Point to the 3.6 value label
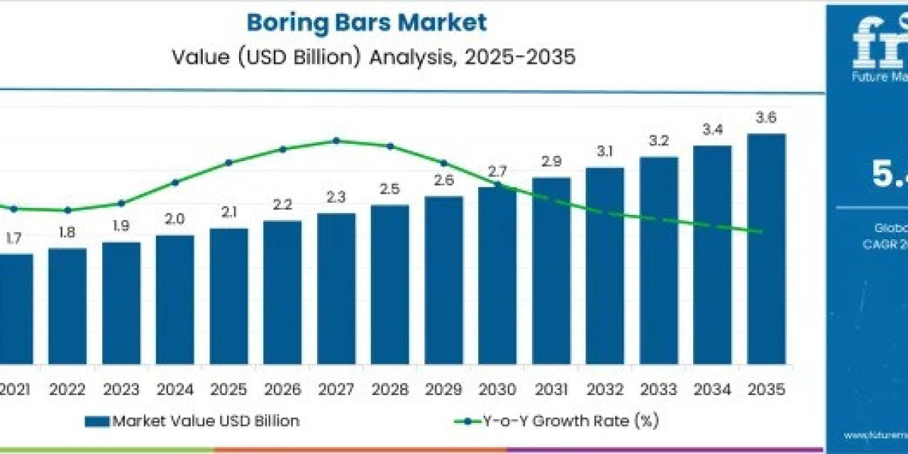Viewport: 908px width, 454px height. tap(766, 119)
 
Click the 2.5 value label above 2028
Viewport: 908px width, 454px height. tap(390, 189)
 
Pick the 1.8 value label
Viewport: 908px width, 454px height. tap(67, 232)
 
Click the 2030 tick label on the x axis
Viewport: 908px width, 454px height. tap(497, 390)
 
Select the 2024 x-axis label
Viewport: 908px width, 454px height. tap(175, 390)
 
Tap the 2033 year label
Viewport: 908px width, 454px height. tap(658, 390)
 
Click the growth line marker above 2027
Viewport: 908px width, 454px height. tap(336, 140)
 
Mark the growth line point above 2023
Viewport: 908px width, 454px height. tap(121, 203)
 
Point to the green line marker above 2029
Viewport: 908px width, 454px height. tap(443, 163)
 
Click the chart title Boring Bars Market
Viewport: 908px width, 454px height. tap(366, 23)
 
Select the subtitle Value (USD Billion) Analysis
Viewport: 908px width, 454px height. tap(366, 58)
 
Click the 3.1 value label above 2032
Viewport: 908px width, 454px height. tap(605, 151)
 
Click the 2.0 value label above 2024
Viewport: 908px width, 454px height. tap(175, 219)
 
